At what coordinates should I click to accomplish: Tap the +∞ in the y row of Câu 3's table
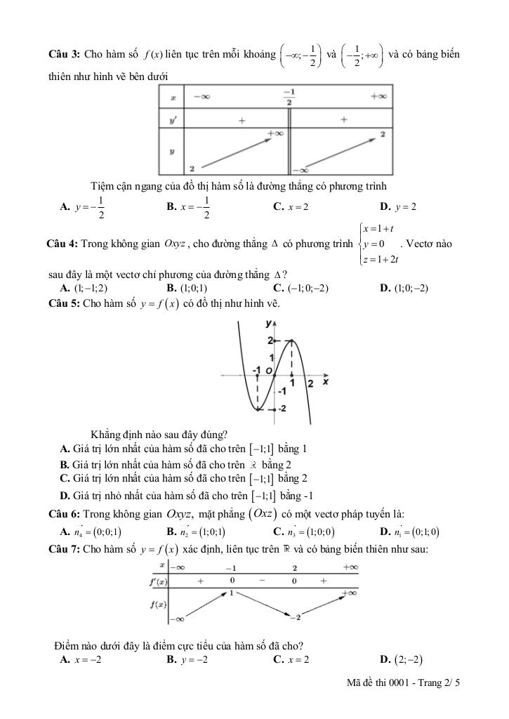pyautogui.click(x=275, y=133)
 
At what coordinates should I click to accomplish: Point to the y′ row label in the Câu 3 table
pyautogui.click(x=173, y=120)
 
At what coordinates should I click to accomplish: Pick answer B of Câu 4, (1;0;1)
pyautogui.click(x=186, y=288)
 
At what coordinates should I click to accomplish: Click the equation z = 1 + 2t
pyautogui.click(x=380, y=260)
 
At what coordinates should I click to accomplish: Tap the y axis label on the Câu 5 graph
pyautogui.click(x=268, y=324)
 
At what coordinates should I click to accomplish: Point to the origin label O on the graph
pyautogui.click(x=268, y=370)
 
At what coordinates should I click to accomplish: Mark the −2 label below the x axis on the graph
pyautogui.click(x=282, y=409)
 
